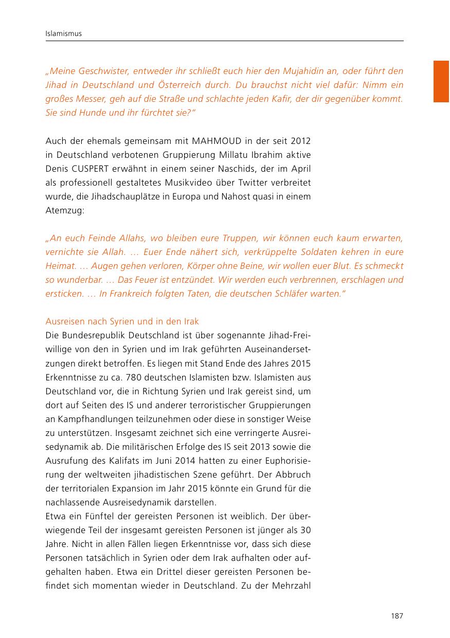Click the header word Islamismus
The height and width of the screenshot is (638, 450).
pyautogui.click(x=64, y=34)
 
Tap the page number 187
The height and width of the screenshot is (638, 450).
pyautogui.click(x=397, y=616)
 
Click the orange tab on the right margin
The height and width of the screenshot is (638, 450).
pyautogui.click(x=441, y=81)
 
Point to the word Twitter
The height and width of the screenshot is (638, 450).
pyautogui.click(x=246, y=183)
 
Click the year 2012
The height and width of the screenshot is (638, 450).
pyautogui.click(x=300, y=141)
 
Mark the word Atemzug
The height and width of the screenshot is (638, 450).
pyautogui.click(x=66, y=211)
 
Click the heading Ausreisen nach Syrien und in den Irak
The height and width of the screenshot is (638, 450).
pyautogui.click(x=122, y=321)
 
